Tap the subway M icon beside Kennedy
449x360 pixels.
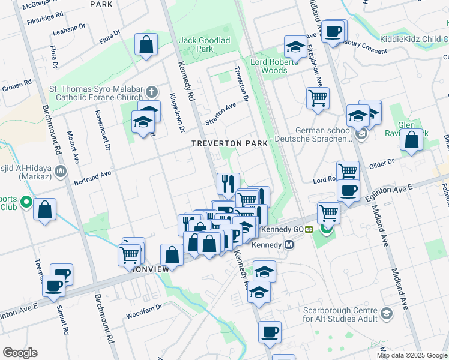[x=289, y=245]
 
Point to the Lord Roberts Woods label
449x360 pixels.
[x=277, y=66]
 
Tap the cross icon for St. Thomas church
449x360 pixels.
[x=152, y=92]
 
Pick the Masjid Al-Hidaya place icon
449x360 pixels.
[x=60, y=173]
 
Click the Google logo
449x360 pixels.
[x=20, y=352]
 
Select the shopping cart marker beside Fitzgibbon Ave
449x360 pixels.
[x=318, y=98]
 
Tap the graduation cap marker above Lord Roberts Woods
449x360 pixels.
[x=295, y=47]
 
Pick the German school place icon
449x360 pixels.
[x=360, y=134]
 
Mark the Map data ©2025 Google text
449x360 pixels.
[x=412, y=355]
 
